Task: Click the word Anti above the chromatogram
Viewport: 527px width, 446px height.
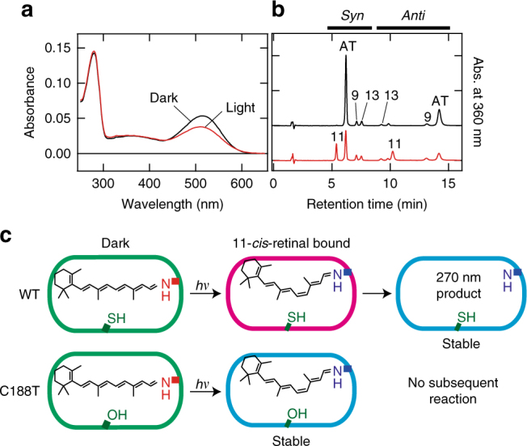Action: (413, 15)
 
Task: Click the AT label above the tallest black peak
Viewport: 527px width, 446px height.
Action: (347, 46)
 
